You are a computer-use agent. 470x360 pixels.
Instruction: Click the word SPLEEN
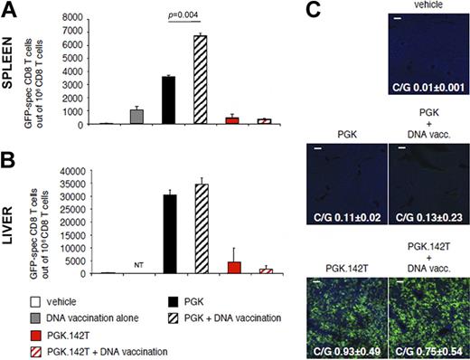[18, 80]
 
